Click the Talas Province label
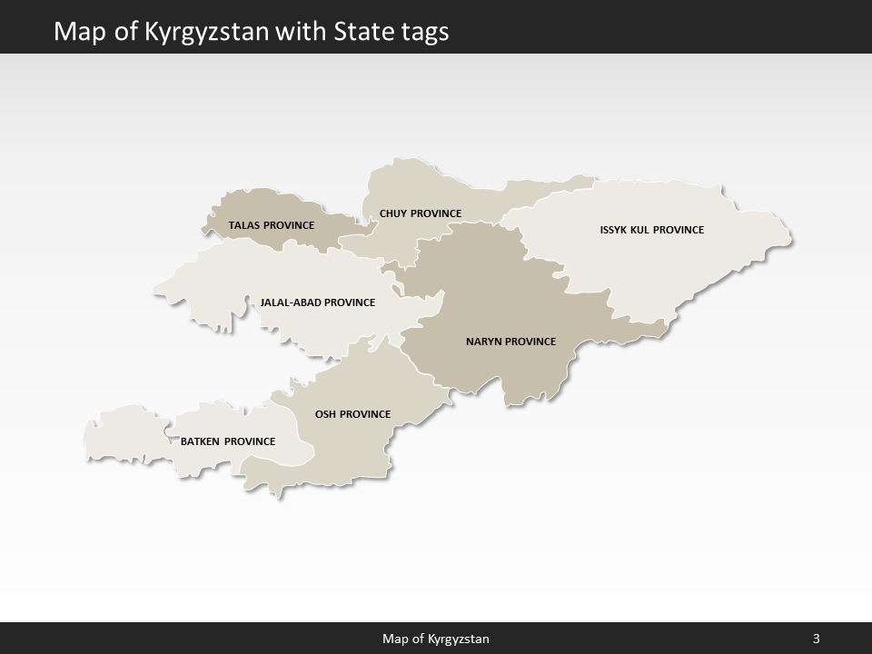(x=272, y=224)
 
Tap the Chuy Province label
(x=421, y=213)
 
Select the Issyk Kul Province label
(x=652, y=230)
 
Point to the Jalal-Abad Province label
(x=318, y=302)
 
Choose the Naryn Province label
(x=510, y=342)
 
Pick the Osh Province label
(x=352, y=414)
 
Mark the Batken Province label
(x=228, y=441)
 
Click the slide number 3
(x=817, y=639)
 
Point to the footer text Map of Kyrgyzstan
(x=436, y=639)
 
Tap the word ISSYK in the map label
(x=614, y=230)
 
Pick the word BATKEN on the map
(x=201, y=441)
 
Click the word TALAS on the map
(x=244, y=224)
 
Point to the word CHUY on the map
(x=393, y=213)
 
